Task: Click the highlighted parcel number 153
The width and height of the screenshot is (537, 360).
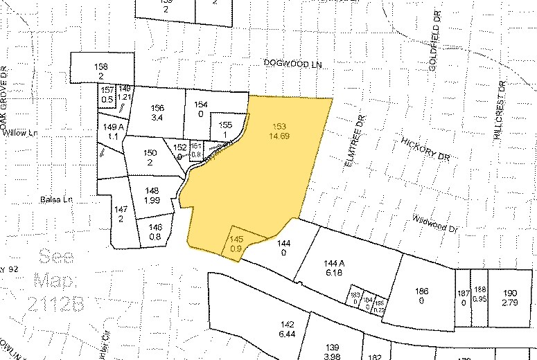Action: tap(279, 126)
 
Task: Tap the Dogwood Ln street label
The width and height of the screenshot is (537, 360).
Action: tap(294, 63)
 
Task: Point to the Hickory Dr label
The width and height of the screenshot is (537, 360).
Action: tap(425, 148)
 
